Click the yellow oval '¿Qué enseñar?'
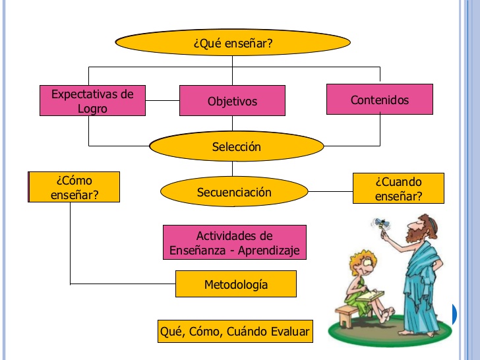233,44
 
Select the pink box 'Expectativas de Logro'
92,101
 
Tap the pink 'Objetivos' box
232,102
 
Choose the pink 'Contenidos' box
379,100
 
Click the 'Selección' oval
236,146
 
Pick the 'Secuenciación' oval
234,192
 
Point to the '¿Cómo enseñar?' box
74,187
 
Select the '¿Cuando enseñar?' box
398,188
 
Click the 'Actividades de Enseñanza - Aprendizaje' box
234,243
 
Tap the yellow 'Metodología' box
235,284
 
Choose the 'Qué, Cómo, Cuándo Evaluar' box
234,332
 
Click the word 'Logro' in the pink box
92,108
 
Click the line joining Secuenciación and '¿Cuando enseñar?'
330,192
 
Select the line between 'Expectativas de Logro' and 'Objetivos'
162,101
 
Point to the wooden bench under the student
349,313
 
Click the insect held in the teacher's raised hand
380,224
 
